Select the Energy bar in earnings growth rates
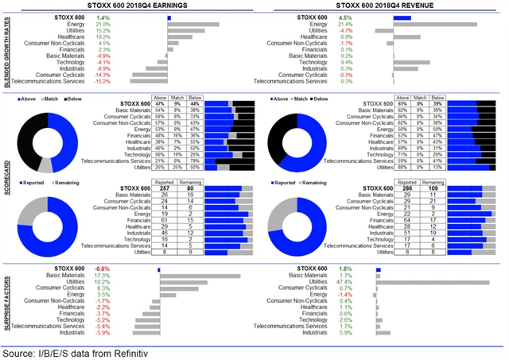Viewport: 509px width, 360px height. coord(193,25)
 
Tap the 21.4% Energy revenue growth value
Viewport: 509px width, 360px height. coord(346,25)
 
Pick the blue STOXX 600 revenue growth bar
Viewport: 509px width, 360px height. coord(402,17)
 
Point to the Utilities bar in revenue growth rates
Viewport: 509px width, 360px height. coord(384,31)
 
